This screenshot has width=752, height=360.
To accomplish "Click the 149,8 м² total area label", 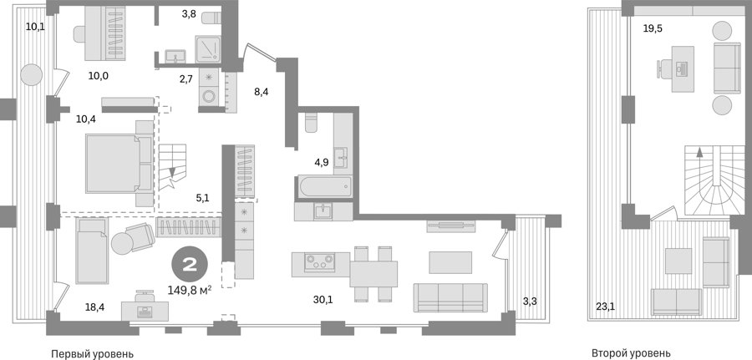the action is coord(190,290).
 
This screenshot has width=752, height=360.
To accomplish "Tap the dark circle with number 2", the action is coord(190,265).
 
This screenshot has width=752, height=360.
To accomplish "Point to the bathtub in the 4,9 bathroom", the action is coord(323,186).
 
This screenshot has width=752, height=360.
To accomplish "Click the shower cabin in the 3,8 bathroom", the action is coord(208,49).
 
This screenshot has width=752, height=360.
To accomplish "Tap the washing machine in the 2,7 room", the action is coord(209,96).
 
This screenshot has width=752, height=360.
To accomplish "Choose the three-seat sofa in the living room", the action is coord(450,297).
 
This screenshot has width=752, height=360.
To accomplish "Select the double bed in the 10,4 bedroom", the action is coord(119,164).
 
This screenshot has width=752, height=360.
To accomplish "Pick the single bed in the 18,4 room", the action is coord(92,251).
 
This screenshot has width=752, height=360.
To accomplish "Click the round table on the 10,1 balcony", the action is coord(32,75).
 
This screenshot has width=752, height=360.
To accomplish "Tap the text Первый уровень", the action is coord(92,354).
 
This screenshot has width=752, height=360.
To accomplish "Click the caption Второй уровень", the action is coord(631,354).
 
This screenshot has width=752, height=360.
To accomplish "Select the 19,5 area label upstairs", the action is coord(653,28).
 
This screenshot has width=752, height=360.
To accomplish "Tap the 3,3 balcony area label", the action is coord(529,302).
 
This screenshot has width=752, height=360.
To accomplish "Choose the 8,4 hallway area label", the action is coord(261,92).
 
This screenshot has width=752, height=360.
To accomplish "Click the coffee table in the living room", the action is coord(450,262).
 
